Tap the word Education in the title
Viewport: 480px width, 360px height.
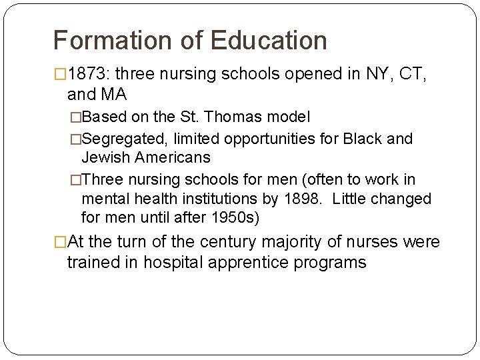[269, 41]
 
